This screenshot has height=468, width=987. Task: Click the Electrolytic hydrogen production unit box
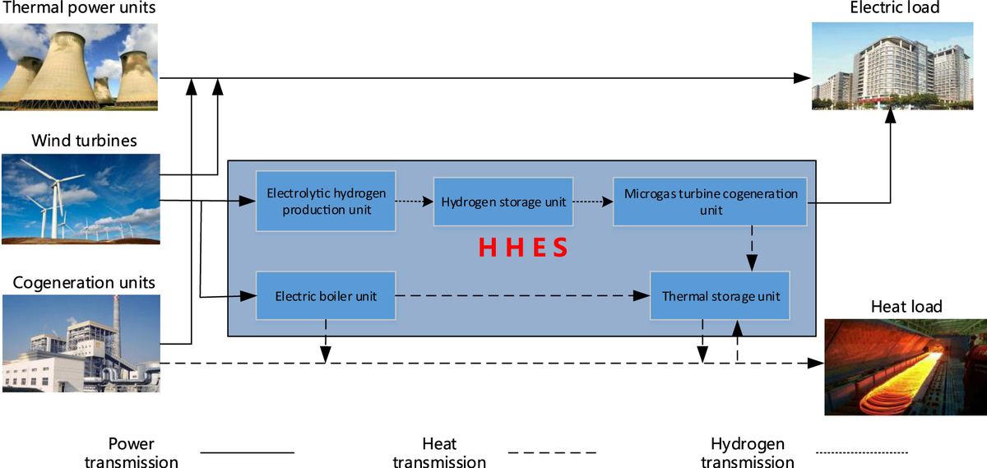coord(326,202)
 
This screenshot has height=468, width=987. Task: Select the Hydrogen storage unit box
coord(503,202)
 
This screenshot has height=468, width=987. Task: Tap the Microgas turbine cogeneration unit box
coord(711,202)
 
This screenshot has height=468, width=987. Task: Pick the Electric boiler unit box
coord(326,295)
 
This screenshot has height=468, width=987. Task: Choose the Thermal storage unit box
coord(721,295)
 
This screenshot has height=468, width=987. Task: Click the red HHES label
coord(523,248)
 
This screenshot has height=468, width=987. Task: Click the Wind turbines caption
coord(84,141)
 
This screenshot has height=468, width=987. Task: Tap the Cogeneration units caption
coord(84,283)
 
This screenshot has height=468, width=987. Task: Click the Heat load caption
coord(906,308)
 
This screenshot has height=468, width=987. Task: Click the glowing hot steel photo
coord(906,367)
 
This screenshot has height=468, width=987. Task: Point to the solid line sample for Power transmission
coord(248,452)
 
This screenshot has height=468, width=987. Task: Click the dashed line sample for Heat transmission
coord(552,452)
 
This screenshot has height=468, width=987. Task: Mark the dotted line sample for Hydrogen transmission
coord(862,452)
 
